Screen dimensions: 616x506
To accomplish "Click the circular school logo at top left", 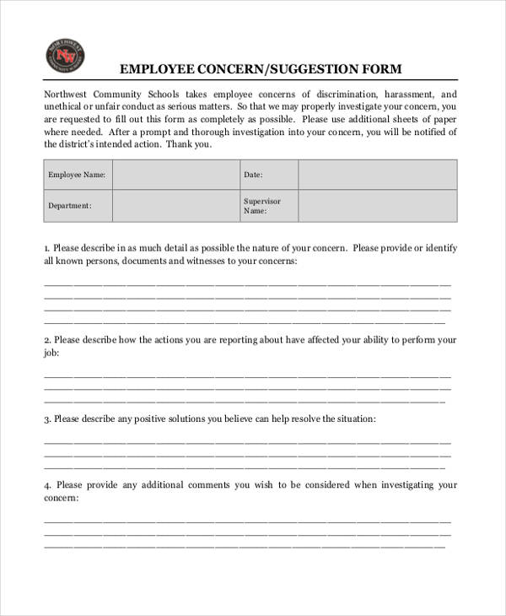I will (63, 57).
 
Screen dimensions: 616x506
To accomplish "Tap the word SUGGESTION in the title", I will (310, 68).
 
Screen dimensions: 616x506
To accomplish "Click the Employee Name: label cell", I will (78, 176).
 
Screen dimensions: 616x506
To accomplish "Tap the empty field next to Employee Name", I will (175, 176).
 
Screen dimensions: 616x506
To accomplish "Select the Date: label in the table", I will (253, 176).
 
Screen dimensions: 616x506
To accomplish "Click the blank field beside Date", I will (377, 176).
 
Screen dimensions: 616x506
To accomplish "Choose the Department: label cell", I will (70, 206).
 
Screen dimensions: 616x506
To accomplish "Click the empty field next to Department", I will (175, 206).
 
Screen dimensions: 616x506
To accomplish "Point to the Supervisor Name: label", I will (261, 206).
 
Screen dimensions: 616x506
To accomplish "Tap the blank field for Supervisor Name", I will (377, 206).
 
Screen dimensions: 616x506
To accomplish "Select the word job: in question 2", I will (51, 354).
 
